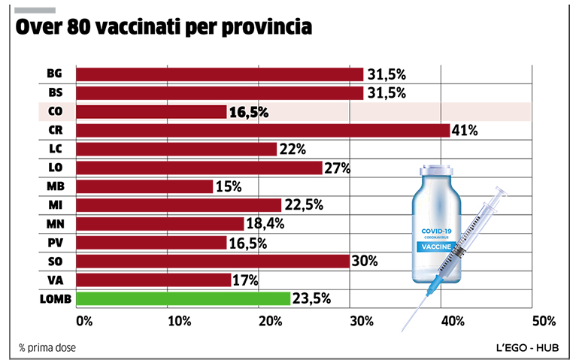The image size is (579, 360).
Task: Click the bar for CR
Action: click(x=262, y=130)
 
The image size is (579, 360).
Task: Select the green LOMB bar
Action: click(x=183, y=298)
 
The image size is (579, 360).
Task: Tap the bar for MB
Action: click(x=144, y=186)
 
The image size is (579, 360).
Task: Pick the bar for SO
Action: click(x=213, y=261)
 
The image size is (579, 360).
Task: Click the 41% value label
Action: click(x=465, y=130)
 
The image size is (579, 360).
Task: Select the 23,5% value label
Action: click(x=311, y=298)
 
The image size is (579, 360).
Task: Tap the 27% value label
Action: click(x=338, y=168)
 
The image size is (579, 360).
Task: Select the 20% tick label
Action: click(x=268, y=321)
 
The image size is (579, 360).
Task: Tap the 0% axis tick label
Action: click(x=84, y=321)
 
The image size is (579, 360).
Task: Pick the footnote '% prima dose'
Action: click(x=47, y=347)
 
